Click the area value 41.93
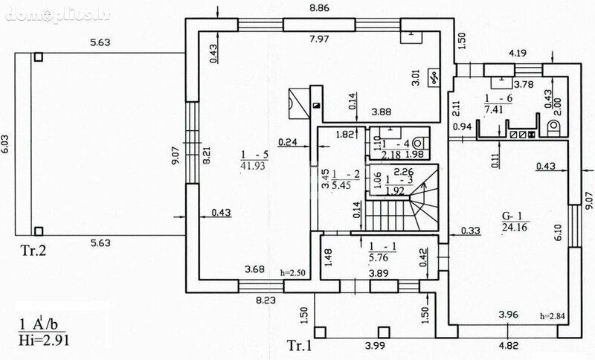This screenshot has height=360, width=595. click(x=253, y=166)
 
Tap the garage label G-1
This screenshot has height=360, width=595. click(x=512, y=216)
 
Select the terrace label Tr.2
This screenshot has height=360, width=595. click(x=33, y=250)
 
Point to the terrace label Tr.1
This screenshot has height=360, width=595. click(x=299, y=345)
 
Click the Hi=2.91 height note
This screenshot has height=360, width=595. click(x=44, y=339)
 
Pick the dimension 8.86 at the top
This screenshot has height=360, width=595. click(x=319, y=7)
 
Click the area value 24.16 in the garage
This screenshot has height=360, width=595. click(x=515, y=227)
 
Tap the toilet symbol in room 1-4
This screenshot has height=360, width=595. click(x=418, y=144)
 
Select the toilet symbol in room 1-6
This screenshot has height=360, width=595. click(x=553, y=126)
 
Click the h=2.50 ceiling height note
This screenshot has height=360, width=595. click(x=292, y=272)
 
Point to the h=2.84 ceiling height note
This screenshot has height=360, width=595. click(x=552, y=315)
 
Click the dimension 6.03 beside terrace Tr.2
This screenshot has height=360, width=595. click(x=6, y=144)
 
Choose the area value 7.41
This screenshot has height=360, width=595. click(x=493, y=109)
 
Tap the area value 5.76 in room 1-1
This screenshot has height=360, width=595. click(x=379, y=257)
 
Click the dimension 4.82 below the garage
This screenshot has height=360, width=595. click(x=509, y=346)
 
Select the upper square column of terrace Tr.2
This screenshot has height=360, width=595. click(x=38, y=57)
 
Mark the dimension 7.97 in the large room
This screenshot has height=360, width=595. click(x=319, y=39)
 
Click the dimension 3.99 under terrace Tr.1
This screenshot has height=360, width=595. click(x=375, y=346)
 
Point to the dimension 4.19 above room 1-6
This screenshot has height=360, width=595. click(x=518, y=53)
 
